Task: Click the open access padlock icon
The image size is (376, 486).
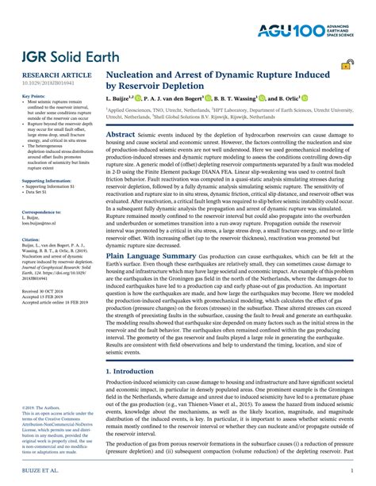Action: (x=346, y=71)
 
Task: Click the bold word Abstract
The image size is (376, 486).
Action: (x=124, y=136)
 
